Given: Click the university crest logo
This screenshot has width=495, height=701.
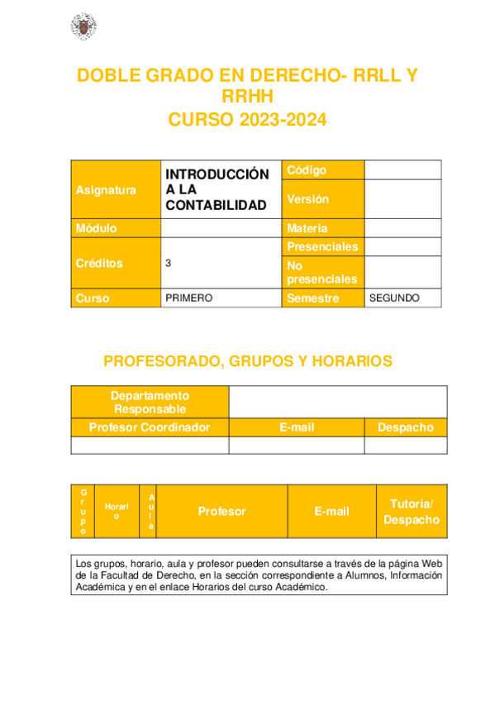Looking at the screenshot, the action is point(82,27).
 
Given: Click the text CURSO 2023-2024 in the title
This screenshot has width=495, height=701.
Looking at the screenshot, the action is point(247,120).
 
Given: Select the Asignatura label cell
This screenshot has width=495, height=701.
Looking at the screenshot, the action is point(107,190).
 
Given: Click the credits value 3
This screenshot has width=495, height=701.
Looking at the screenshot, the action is point(169,263).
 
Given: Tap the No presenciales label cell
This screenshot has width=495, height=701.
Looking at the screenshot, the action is point(321,272).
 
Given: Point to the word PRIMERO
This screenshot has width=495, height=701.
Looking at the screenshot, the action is point(189,298).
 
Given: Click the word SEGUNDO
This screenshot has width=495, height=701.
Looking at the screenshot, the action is point(394,298).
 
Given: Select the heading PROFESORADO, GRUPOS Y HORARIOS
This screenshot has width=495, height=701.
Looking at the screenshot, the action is point(247,361).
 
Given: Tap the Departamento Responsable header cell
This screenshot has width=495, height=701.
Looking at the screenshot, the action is point(150,403).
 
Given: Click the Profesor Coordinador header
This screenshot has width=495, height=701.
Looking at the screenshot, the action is point(150,427).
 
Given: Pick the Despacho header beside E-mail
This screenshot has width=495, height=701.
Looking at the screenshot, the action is point(405,427).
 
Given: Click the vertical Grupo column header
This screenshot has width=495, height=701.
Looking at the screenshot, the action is point(83,512).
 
